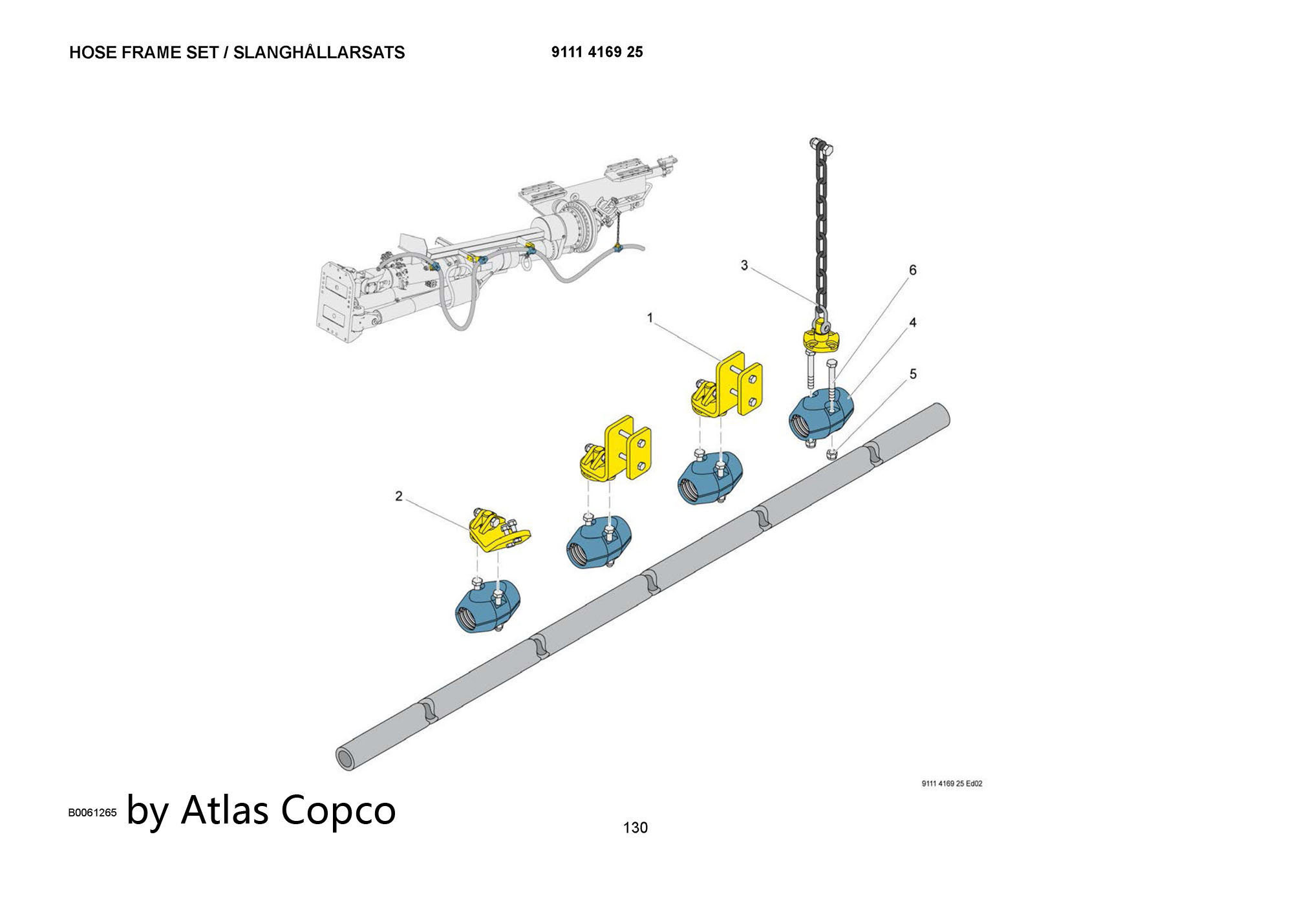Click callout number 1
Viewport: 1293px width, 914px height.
(650, 317)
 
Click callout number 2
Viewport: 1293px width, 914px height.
(399, 496)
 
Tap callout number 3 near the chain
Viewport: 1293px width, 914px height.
(744, 265)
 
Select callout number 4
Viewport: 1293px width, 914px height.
(913, 322)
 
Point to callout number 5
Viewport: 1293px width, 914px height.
(913, 374)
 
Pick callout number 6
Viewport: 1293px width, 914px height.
(913, 270)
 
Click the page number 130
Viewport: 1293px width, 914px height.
(635, 827)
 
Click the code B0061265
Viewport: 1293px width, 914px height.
(92, 813)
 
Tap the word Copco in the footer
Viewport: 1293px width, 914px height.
(339, 809)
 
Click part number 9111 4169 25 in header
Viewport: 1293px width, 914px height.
(597, 52)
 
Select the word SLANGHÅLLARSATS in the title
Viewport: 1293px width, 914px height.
(319, 53)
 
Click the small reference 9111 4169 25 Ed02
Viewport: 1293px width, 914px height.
(952, 783)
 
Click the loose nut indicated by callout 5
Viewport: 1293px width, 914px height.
(833, 454)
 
